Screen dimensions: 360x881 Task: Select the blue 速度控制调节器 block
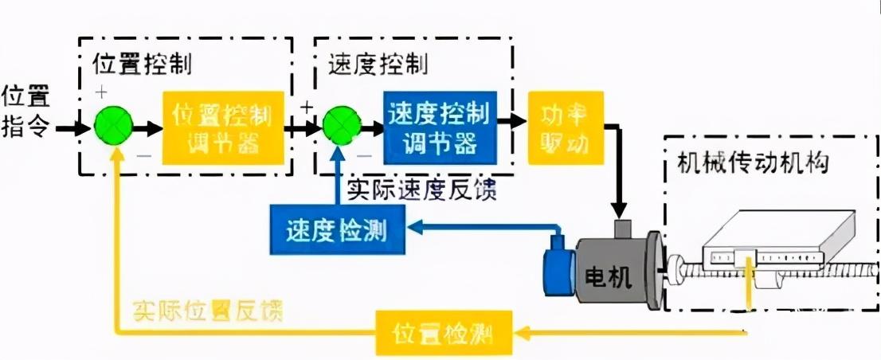click(x=438, y=127)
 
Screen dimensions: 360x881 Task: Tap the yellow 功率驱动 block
click(x=566, y=127)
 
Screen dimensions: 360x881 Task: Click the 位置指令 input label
click(x=26, y=112)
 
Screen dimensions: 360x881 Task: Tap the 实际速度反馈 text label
click(x=421, y=191)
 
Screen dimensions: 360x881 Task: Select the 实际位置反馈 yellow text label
click(x=208, y=308)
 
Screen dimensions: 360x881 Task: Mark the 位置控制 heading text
click(x=142, y=64)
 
